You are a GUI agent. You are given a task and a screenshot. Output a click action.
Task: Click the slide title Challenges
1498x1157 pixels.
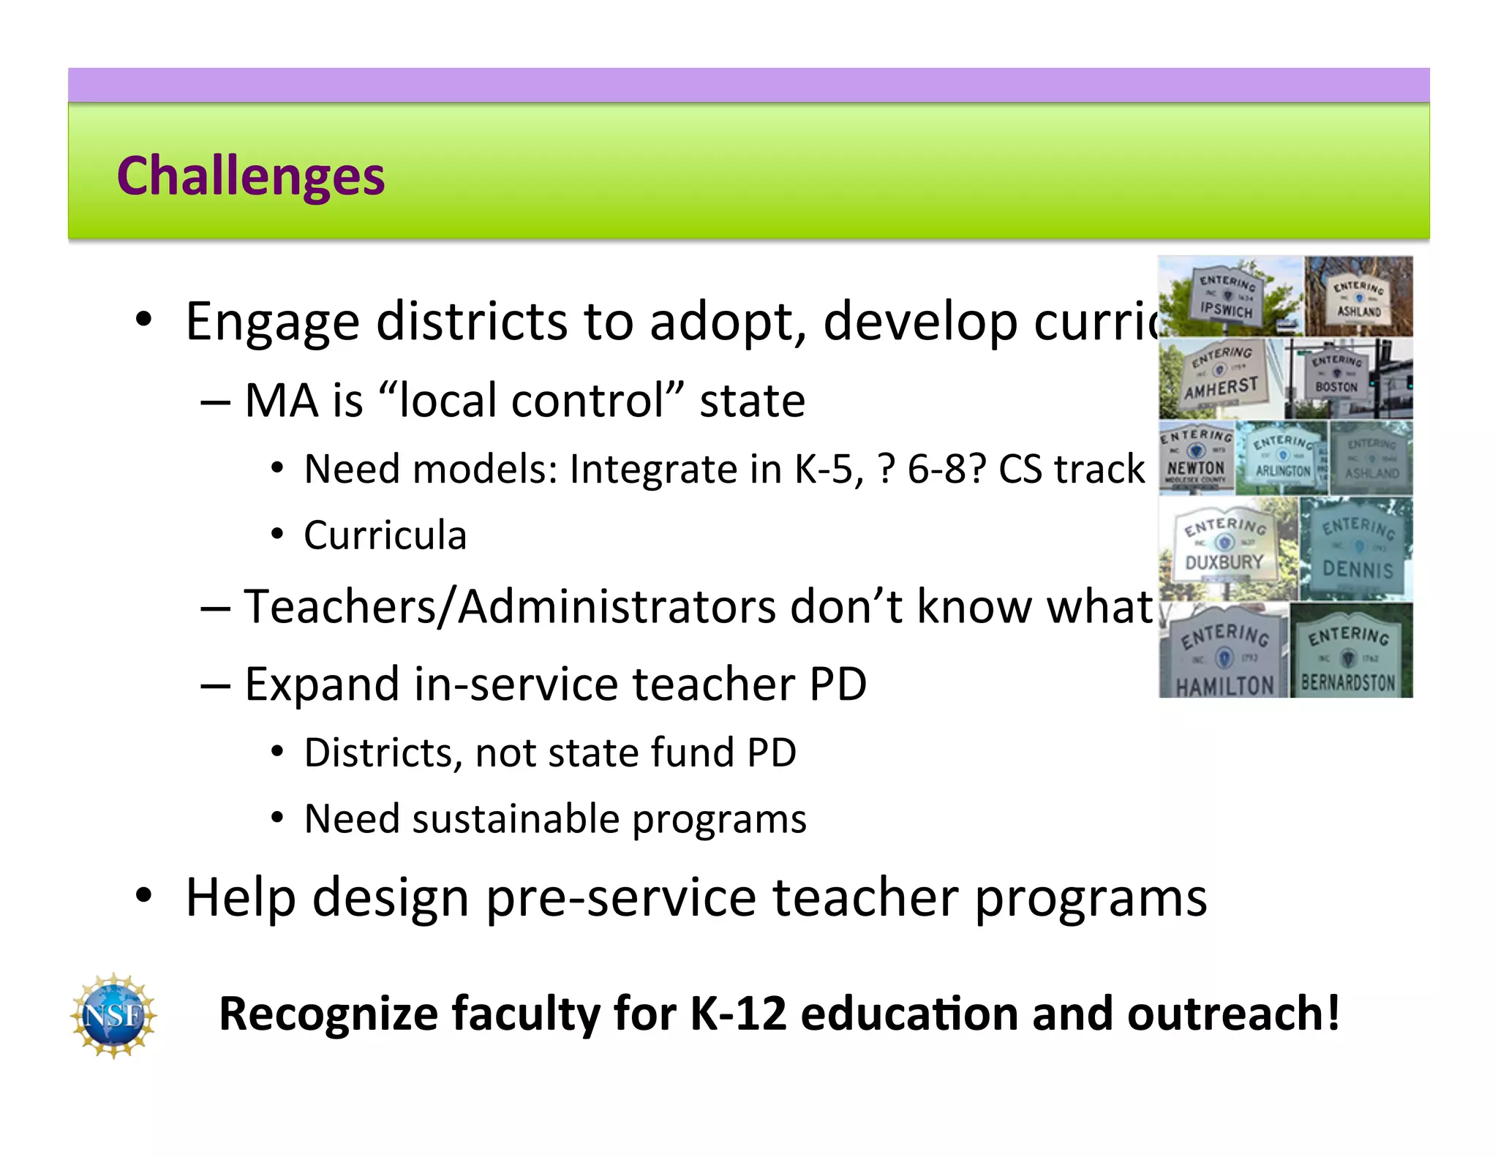click(x=250, y=176)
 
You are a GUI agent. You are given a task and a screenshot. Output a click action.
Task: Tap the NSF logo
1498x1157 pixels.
click(x=113, y=1014)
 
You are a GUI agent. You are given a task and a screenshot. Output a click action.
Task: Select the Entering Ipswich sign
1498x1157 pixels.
click(x=1227, y=296)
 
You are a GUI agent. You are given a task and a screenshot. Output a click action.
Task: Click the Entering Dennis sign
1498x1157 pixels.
click(x=1358, y=550)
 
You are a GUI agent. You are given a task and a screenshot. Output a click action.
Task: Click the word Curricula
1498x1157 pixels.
click(x=385, y=535)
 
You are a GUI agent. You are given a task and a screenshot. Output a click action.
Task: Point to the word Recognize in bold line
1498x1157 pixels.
click(x=328, y=1014)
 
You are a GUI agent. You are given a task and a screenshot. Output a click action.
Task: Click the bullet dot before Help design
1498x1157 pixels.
click(x=143, y=896)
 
